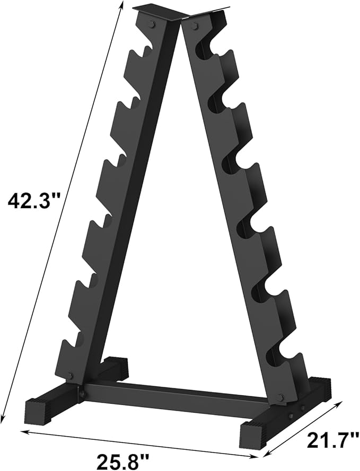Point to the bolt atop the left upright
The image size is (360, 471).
153,24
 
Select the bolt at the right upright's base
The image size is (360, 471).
280,397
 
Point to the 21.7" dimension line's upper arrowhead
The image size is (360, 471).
340,404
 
